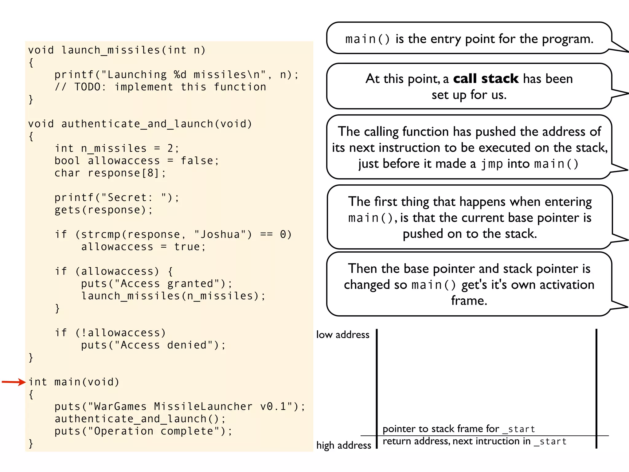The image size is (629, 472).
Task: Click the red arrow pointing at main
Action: (x=14, y=382)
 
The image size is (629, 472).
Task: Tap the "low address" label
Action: (x=343, y=335)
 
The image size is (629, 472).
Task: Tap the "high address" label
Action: (x=344, y=445)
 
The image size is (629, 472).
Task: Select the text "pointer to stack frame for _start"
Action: (x=459, y=429)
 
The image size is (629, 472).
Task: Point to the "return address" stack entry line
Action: (x=475, y=442)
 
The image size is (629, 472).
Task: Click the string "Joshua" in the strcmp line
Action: (x=220, y=234)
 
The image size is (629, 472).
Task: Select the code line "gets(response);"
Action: (x=104, y=210)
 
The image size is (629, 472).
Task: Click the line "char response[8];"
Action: (x=110, y=173)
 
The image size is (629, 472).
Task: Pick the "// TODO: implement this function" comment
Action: (x=160, y=87)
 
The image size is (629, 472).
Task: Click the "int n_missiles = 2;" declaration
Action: (x=117, y=148)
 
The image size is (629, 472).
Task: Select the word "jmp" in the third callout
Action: (x=492, y=164)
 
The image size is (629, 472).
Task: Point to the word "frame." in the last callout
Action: (x=469, y=301)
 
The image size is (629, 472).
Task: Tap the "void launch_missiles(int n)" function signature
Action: (x=117, y=50)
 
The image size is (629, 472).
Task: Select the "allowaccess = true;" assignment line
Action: (x=143, y=247)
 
